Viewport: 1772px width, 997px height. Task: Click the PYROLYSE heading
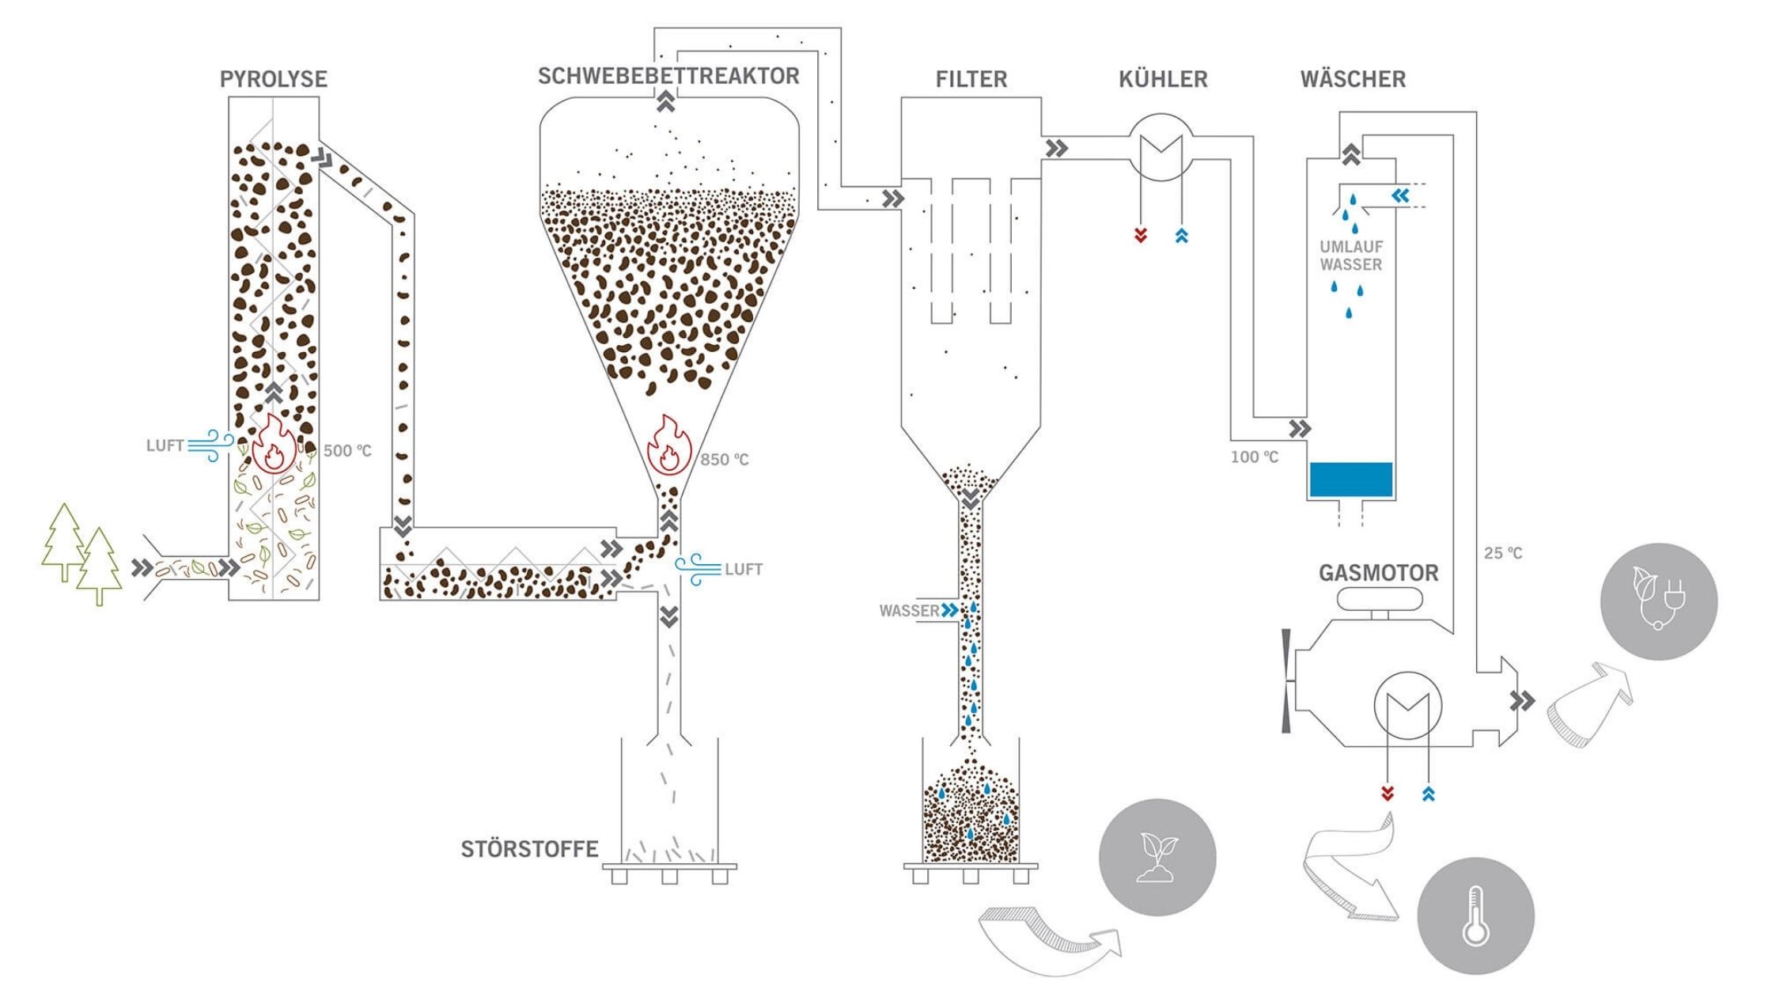[274, 79]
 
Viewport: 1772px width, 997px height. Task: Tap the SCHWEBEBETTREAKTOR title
[668, 76]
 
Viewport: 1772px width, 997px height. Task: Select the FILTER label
[971, 79]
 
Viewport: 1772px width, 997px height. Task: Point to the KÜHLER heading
[1163, 79]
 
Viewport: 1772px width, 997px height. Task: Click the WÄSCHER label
[1353, 79]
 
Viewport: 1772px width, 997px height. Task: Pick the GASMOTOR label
[1379, 573]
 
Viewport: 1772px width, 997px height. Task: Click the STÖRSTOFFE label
[529, 850]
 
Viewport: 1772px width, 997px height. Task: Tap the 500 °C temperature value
[347, 451]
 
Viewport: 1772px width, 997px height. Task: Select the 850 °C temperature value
[724, 459]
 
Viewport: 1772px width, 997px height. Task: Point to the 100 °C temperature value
[1254, 457]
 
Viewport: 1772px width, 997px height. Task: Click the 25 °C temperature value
[1503, 553]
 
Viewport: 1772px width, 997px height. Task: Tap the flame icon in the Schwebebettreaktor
[669, 445]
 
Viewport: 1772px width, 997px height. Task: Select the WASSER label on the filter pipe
[909, 611]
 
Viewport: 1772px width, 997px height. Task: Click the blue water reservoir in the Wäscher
[1350, 480]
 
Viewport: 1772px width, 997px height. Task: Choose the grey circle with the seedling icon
[1157, 858]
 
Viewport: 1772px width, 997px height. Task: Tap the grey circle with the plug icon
[1659, 601]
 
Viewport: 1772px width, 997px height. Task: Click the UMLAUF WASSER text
[1351, 256]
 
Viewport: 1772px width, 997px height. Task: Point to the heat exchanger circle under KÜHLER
[1161, 150]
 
